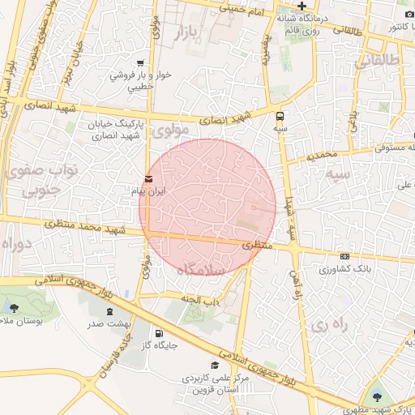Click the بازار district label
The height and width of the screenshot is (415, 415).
tap(190, 33)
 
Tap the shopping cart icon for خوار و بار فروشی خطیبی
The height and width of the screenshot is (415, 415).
tap(141, 63)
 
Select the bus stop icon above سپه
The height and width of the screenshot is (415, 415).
tap(280, 116)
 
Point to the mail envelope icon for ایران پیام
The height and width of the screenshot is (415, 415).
tap(148, 179)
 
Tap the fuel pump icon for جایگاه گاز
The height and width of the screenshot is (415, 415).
tap(157, 332)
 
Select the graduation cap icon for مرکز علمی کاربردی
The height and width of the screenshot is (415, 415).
tap(215, 366)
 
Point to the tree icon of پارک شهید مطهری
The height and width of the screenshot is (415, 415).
tap(376, 396)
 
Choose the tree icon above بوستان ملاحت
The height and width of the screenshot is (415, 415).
tap(13, 308)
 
